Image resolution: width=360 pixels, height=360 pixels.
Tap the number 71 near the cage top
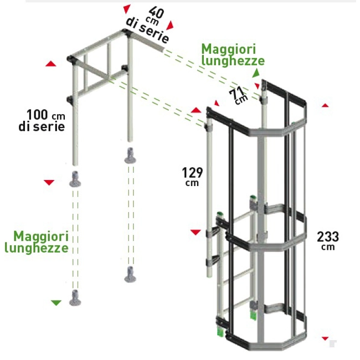[x=235, y=91]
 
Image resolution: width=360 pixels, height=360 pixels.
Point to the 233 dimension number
[x=328, y=236]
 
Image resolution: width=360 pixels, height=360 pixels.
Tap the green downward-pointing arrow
[x=55, y=302]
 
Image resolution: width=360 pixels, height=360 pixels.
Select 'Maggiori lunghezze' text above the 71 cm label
[x=233, y=55]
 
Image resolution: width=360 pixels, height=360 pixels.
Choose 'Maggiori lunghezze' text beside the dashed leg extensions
[x=36, y=242]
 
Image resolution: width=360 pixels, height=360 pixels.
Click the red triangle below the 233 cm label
[x=325, y=337]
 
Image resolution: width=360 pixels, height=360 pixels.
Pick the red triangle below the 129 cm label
[x=194, y=232]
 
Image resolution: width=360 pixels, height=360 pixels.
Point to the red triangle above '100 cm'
[x=51, y=65]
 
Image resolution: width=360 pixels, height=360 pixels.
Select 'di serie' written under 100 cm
[x=42, y=126]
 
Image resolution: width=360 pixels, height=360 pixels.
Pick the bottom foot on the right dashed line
[x=129, y=275]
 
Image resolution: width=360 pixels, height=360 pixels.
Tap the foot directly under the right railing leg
[x=130, y=155]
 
